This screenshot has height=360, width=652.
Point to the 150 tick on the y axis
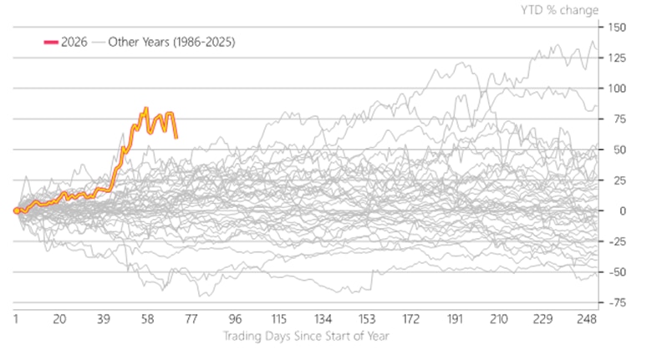point(617,27)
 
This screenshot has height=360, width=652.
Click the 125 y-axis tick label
point(617,58)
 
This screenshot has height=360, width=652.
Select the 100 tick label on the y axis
point(617,89)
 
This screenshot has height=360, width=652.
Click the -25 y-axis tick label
point(617,241)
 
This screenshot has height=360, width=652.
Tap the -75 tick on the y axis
point(617,303)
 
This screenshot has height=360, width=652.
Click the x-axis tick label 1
point(16,319)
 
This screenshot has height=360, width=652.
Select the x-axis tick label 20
point(59,319)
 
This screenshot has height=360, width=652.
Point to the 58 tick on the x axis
point(147,319)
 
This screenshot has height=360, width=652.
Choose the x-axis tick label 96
point(235,319)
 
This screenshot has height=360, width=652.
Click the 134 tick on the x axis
point(323,319)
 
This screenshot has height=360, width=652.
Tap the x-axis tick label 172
point(410,319)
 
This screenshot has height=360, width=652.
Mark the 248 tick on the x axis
point(586,319)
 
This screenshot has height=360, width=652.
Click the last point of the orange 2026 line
point(176,137)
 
